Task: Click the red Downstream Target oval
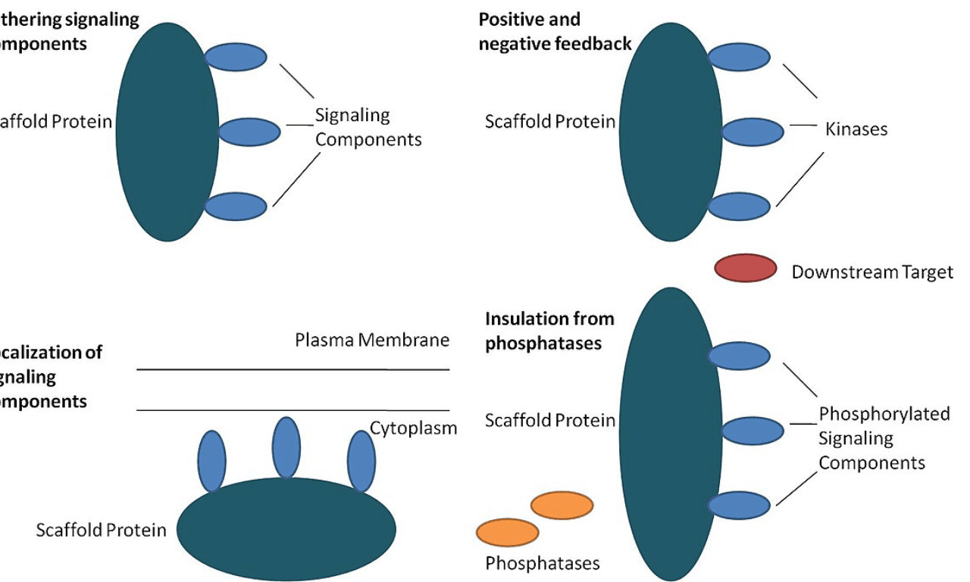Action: click(746, 268)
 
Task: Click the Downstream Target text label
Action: click(871, 272)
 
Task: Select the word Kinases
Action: click(856, 129)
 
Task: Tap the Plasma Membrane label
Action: click(372, 340)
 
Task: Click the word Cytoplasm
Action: click(414, 428)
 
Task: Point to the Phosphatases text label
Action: click(542, 563)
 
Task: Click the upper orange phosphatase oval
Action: click(562, 506)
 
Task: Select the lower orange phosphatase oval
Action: click(507, 532)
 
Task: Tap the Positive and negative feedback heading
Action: click(554, 32)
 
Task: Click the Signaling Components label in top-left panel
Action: click(368, 127)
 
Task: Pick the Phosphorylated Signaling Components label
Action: click(884, 438)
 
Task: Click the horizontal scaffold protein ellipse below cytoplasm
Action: click(286, 529)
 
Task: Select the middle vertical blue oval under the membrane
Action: click(286, 447)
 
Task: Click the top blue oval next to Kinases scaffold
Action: click(739, 57)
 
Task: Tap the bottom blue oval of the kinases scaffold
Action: click(739, 206)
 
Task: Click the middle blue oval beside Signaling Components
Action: click(250, 132)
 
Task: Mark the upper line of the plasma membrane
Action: click(293, 369)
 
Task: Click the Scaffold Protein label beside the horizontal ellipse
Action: click(101, 530)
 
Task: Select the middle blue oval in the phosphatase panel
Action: click(752, 431)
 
